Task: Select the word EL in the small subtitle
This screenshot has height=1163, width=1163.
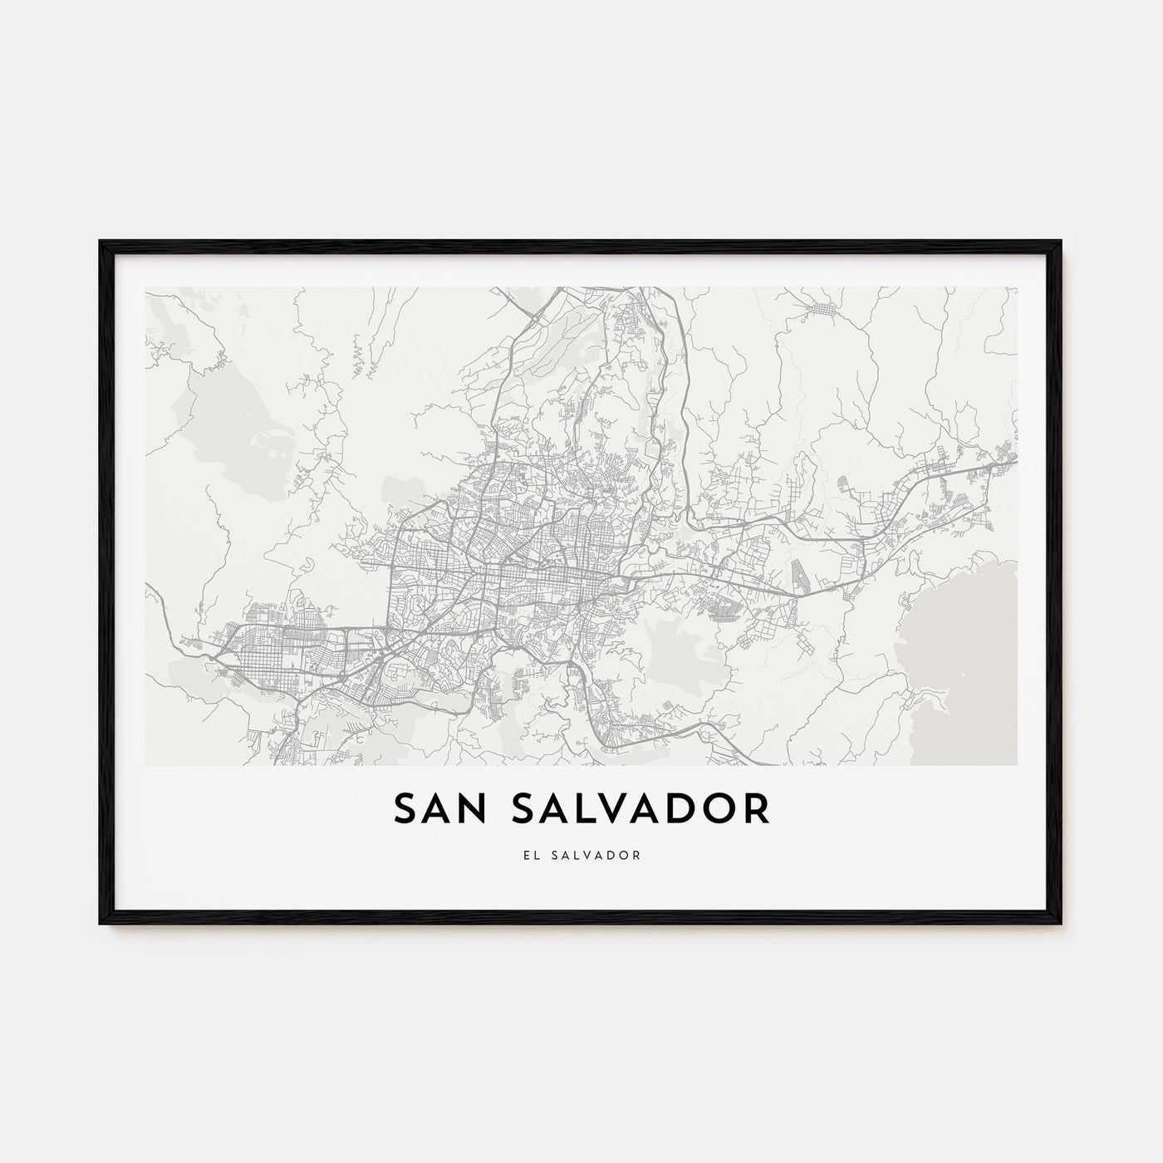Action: click(x=531, y=855)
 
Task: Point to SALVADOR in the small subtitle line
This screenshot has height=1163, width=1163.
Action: click(x=599, y=855)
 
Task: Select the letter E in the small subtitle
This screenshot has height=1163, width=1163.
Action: click(x=526, y=855)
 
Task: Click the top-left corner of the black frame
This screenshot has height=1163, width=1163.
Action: click(x=101, y=243)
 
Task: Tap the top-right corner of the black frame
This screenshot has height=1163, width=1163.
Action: click(x=1060, y=243)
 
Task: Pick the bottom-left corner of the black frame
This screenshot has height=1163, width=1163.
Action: click(x=101, y=923)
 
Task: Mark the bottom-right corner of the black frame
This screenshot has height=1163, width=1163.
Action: click(x=1060, y=923)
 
